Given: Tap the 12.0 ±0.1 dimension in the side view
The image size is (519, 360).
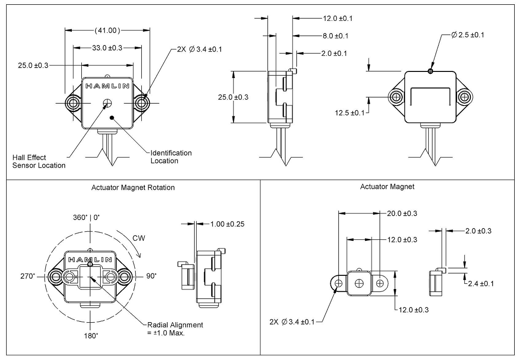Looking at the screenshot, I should click(x=337, y=18).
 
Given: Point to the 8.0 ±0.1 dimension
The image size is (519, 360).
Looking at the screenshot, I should click(x=335, y=36).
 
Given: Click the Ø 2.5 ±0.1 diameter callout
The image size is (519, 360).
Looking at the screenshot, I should click(x=467, y=35).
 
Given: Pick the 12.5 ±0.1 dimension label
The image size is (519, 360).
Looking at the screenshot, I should click(x=349, y=113).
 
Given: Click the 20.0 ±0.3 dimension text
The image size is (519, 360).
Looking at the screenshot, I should click(x=402, y=213).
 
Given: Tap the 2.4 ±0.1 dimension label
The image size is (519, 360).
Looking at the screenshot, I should click(x=480, y=283).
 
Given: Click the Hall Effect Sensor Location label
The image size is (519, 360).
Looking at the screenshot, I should click(x=39, y=161).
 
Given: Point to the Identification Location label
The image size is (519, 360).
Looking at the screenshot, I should click(x=171, y=157).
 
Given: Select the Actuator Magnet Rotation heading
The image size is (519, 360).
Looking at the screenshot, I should click(x=133, y=187).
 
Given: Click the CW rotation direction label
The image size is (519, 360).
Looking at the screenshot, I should click(x=138, y=238).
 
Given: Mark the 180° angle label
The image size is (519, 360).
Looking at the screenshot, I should click(x=91, y=335).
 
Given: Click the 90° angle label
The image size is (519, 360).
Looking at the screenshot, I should click(x=151, y=276).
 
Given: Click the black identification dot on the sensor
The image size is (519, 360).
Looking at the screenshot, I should click(x=112, y=117).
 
